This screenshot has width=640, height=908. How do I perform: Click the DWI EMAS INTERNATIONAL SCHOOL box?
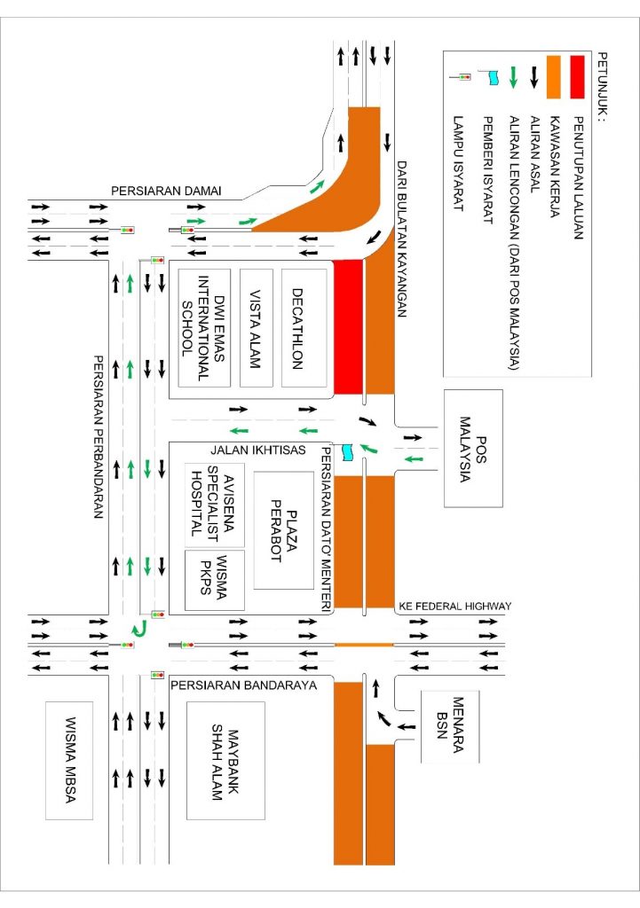click(205, 327)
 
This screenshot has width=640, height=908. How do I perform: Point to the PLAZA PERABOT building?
click(286, 529)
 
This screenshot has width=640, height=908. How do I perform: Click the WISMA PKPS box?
click(216, 579)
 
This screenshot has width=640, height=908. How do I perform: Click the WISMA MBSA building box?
click(70, 760)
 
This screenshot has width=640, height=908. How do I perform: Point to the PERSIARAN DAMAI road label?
click(165, 191)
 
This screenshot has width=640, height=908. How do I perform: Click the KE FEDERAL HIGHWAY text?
click(453, 606)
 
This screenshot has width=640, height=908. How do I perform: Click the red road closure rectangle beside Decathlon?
click(349, 326)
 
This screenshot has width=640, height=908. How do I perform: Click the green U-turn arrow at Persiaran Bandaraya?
click(137, 630)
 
